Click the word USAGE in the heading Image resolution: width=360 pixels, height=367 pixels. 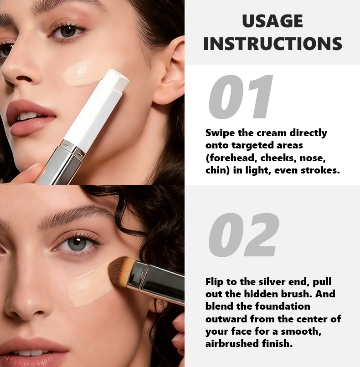(x=273, y=21)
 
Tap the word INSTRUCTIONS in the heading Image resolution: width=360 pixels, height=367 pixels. (x=273, y=44)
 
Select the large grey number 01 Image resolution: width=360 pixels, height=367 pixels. (x=241, y=97)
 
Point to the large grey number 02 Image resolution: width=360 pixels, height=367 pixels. (x=244, y=235)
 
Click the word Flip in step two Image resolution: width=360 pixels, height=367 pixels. (x=214, y=282)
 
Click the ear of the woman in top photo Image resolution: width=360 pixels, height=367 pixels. (x=169, y=70)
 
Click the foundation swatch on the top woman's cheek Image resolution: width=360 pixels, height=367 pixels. (x=80, y=74)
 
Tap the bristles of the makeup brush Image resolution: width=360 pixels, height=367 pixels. (x=119, y=271)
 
